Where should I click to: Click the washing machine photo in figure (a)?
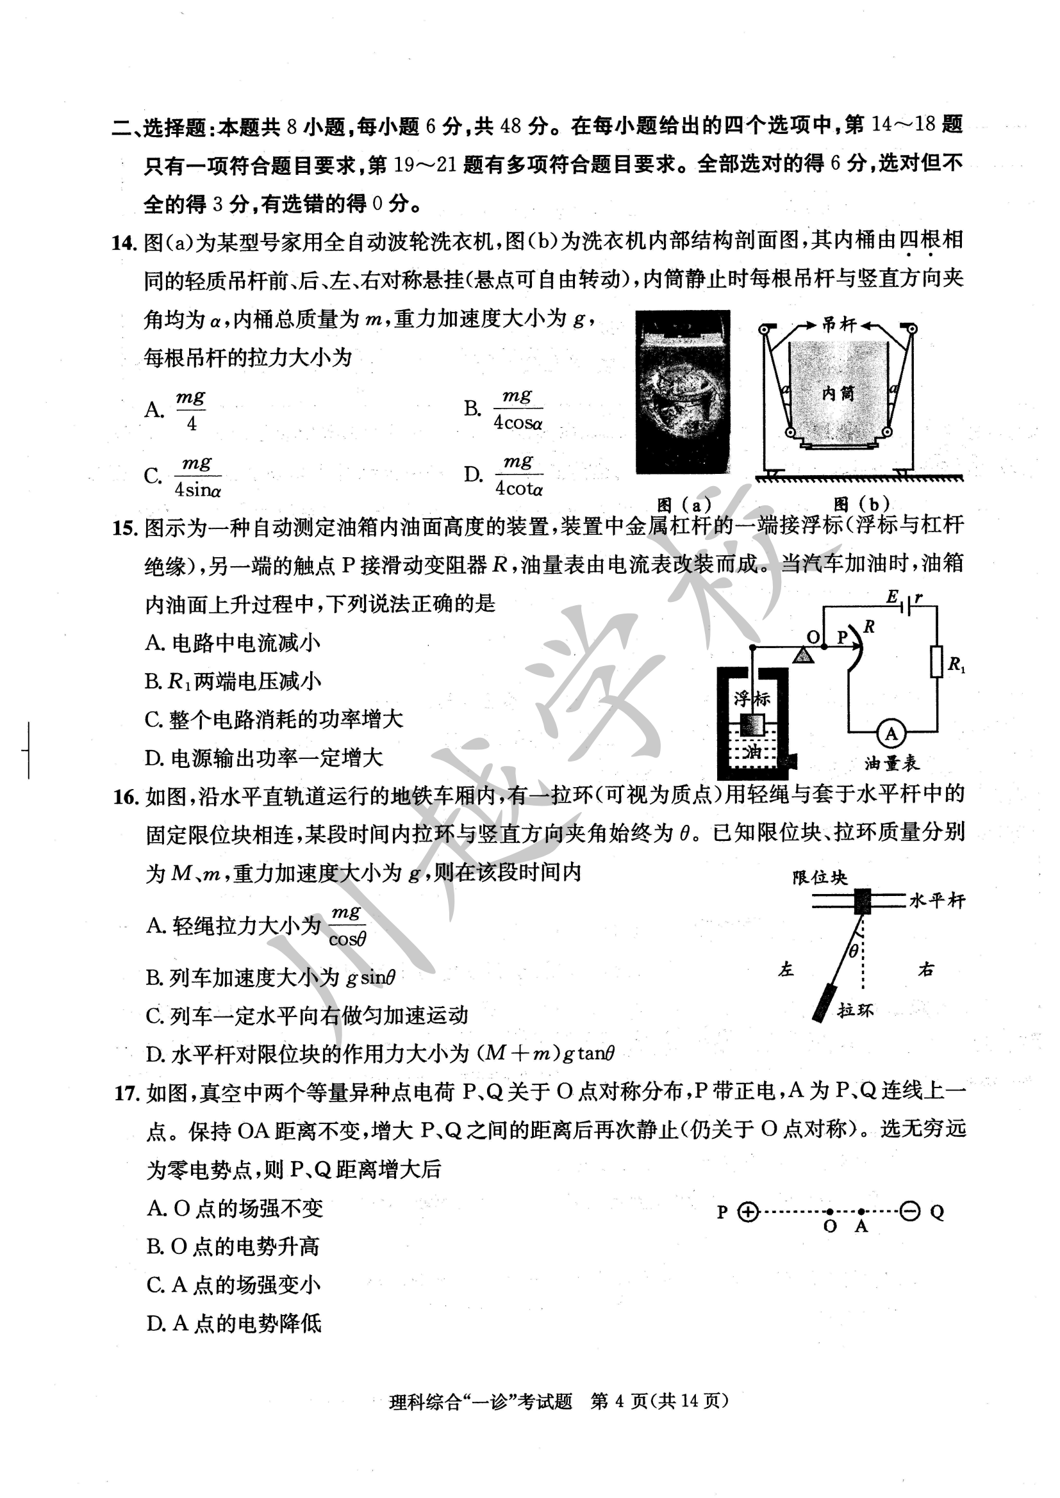point(683,392)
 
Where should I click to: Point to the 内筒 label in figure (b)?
point(838,393)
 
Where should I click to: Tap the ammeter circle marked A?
point(891,734)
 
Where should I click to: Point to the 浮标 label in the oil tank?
point(752,699)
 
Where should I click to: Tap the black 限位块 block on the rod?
point(863,901)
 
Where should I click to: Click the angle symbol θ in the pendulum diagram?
point(854,951)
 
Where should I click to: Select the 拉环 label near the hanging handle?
point(855,1011)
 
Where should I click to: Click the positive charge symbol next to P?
point(748,1212)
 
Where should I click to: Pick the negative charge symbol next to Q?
point(910,1212)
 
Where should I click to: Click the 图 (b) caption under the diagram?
point(861,503)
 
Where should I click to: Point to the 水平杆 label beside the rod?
point(937,901)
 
